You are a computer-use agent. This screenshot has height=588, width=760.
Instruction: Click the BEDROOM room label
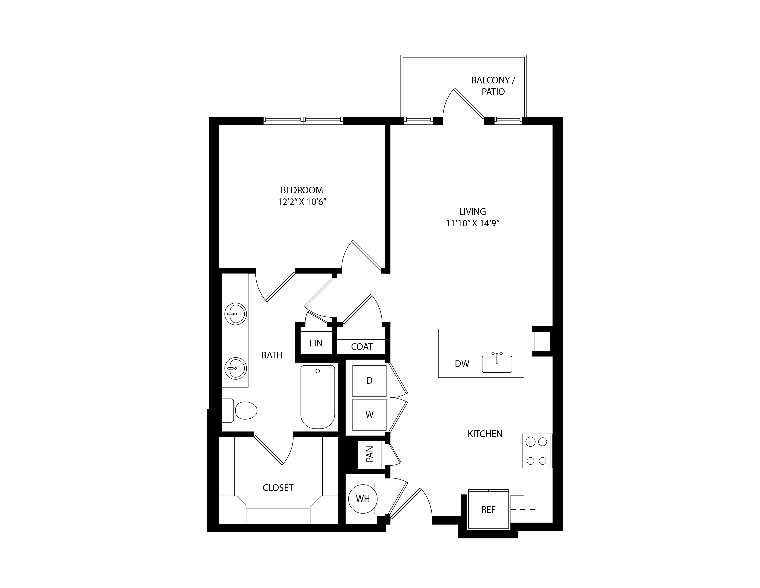[x=302, y=190]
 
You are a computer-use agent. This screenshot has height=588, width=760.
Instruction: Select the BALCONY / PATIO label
[x=493, y=86]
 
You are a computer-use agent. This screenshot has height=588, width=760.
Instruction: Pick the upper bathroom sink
[x=236, y=314]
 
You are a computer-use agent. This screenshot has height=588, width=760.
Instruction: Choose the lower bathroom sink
[x=236, y=368]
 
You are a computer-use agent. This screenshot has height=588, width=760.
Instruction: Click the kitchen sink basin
[x=497, y=364]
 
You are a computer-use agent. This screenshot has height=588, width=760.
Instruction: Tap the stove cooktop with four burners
[x=537, y=451]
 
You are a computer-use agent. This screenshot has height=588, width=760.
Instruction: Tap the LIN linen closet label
[x=316, y=343]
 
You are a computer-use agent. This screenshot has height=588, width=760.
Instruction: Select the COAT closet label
[x=362, y=347]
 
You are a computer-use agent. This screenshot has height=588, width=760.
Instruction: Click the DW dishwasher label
[x=462, y=364]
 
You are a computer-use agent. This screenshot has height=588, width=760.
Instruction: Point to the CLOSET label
[x=278, y=488]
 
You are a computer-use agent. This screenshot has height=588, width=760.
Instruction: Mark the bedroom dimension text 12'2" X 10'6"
[x=302, y=202]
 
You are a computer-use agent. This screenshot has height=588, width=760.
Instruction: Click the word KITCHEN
[x=485, y=434]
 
